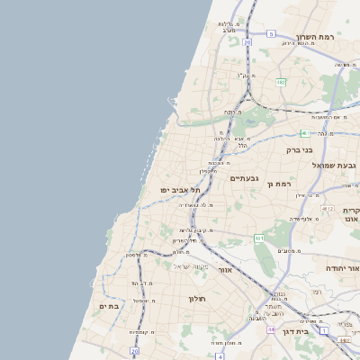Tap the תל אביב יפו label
180,190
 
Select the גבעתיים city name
244,178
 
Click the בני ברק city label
299,150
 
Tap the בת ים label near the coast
109,307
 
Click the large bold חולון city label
198,299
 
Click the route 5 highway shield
270,33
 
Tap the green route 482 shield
281,82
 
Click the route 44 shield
270,329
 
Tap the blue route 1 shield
346,325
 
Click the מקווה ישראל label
191,267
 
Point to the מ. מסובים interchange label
289,251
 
